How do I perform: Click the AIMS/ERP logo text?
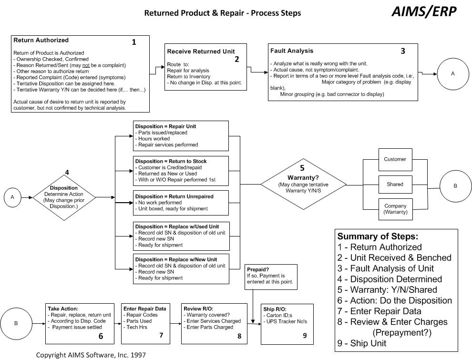(423, 11)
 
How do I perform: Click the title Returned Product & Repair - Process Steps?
(223, 13)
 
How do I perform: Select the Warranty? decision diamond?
(303, 184)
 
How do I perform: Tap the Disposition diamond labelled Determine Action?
(63, 197)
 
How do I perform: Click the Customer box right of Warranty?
(395, 159)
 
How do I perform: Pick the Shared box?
(395, 184)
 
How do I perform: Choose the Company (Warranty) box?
(395, 209)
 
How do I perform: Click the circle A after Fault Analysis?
(452, 74)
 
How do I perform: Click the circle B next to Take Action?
(16, 323)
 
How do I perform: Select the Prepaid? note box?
(271, 276)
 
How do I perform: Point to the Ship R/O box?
(287, 324)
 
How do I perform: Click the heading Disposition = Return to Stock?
(171, 161)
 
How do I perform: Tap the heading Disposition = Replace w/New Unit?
(175, 259)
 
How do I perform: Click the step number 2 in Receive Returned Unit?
(236, 59)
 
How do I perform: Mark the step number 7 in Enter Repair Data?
(161, 335)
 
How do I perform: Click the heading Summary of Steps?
(378, 236)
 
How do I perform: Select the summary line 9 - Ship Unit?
(362, 343)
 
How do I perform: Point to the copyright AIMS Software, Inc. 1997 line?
(91, 355)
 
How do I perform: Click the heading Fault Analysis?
(292, 51)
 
